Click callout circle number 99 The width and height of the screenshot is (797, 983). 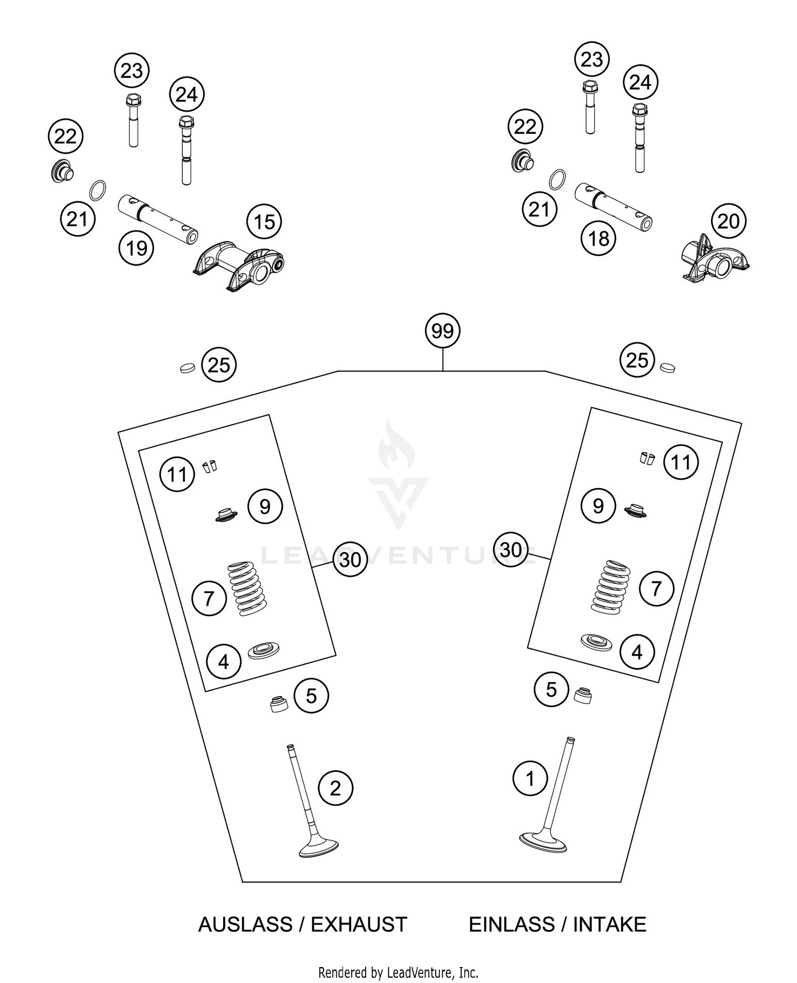(442, 331)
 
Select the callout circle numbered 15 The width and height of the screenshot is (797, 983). (264, 222)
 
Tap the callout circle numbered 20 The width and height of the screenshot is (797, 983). (728, 221)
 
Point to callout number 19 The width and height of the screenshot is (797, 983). (137, 248)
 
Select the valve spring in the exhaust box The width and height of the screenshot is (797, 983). (247, 589)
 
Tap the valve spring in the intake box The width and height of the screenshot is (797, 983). (611, 587)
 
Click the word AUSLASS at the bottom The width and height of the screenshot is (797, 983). (245, 925)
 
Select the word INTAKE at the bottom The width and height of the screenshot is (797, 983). (609, 925)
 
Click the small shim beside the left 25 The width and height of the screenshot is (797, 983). (187, 367)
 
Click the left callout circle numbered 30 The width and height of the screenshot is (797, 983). (350, 560)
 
